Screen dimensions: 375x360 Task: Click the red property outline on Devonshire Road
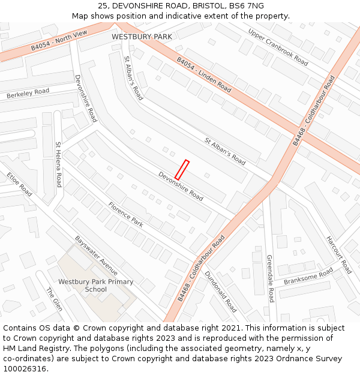(182, 170)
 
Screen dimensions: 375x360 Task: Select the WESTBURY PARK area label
(142, 37)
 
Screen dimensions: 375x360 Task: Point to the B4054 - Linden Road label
(204, 74)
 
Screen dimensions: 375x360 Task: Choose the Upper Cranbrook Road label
(278, 47)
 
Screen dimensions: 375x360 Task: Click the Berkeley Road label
(28, 94)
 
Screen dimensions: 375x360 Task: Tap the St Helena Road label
(58, 164)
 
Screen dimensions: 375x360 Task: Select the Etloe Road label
(19, 184)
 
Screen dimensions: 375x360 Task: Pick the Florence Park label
(125, 214)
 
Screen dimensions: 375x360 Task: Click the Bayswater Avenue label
(96, 255)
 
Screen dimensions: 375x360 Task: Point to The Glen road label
(54, 299)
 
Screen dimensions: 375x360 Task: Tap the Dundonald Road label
(221, 292)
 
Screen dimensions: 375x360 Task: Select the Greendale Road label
(269, 278)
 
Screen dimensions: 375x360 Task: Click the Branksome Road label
(308, 277)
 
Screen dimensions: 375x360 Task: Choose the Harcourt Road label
(339, 254)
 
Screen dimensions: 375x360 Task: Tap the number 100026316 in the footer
(25, 369)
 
